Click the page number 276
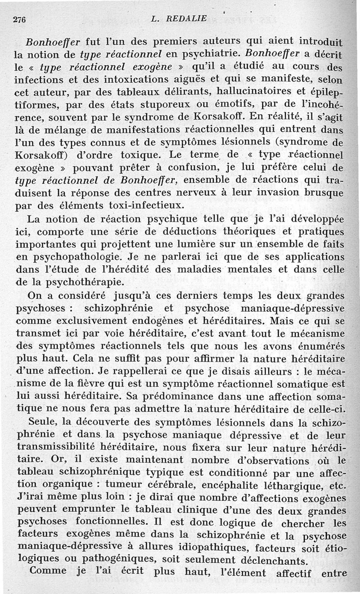tap(19, 19)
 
